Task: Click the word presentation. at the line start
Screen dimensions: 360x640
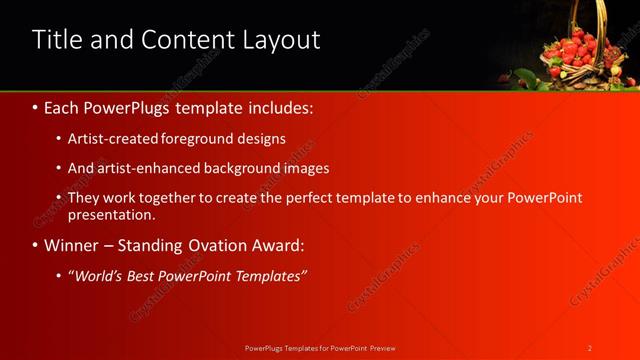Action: point(111,214)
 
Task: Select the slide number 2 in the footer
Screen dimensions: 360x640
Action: point(590,347)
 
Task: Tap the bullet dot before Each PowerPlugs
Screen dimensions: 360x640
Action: point(37,105)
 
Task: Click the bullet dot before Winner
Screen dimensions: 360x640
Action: point(37,245)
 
